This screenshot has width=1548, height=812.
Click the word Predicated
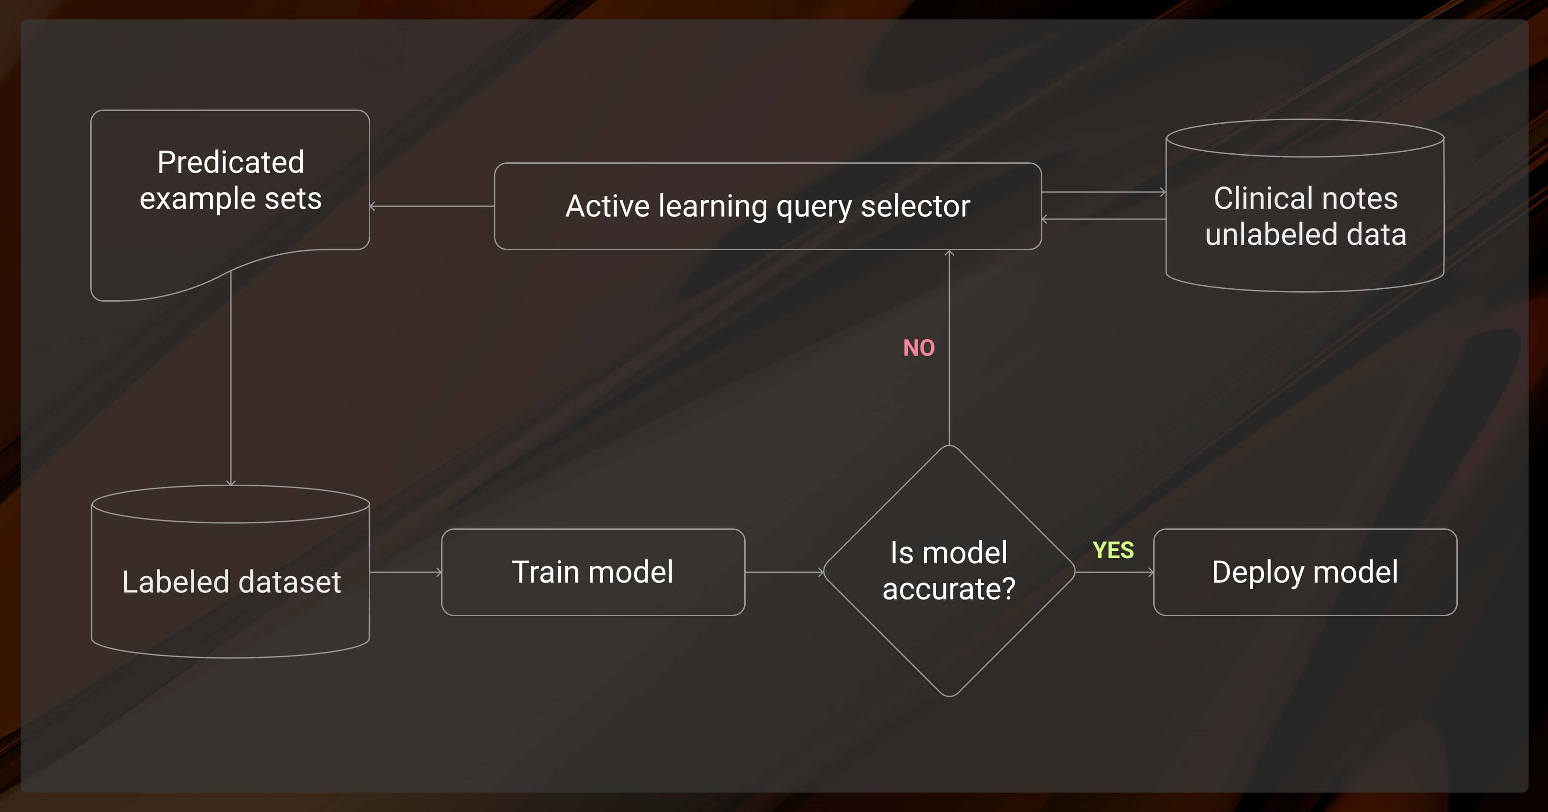pos(231,162)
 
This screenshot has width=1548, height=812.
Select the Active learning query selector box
pos(768,206)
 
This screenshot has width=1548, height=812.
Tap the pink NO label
pos(919,348)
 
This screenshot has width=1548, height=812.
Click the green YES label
pos(1113,550)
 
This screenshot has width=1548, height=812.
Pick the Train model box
pos(593,572)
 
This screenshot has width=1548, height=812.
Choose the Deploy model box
pos(1305,572)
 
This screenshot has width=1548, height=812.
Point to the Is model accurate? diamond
pos(949,571)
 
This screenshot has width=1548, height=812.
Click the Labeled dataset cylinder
pos(231,581)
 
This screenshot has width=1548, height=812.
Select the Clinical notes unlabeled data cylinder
pos(1305,216)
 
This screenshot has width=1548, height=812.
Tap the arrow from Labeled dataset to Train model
pos(405,572)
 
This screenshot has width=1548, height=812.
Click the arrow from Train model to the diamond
pos(784,572)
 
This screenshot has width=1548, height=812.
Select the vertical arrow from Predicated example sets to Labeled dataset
pos(231,379)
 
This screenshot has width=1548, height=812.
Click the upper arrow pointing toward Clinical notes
pos(1103,192)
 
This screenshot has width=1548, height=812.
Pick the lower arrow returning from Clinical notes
pos(1103,219)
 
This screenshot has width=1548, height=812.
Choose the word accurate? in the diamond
pos(949,589)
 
